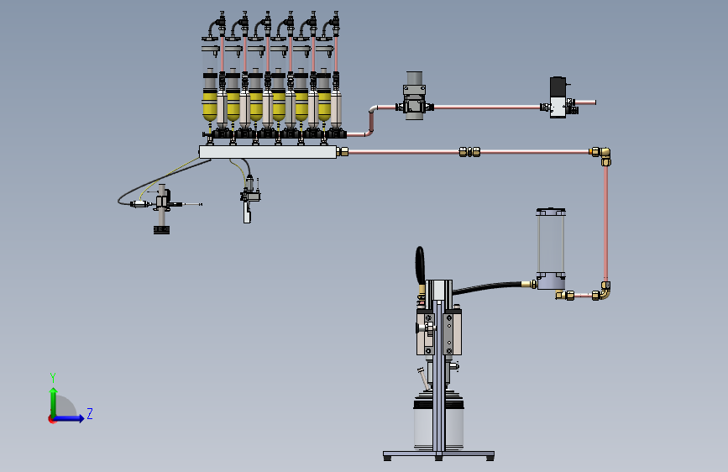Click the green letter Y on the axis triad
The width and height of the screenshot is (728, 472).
[53, 377]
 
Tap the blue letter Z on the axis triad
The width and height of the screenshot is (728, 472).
[90, 413]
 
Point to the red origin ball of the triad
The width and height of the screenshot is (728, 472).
[51, 419]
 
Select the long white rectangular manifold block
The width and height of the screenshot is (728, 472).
[268, 152]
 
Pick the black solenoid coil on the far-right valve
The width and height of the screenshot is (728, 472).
[558, 87]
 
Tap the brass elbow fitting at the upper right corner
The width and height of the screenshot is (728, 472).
[602, 155]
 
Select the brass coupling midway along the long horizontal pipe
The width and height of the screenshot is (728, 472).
[469, 152]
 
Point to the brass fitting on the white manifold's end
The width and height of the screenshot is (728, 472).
[343, 152]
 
